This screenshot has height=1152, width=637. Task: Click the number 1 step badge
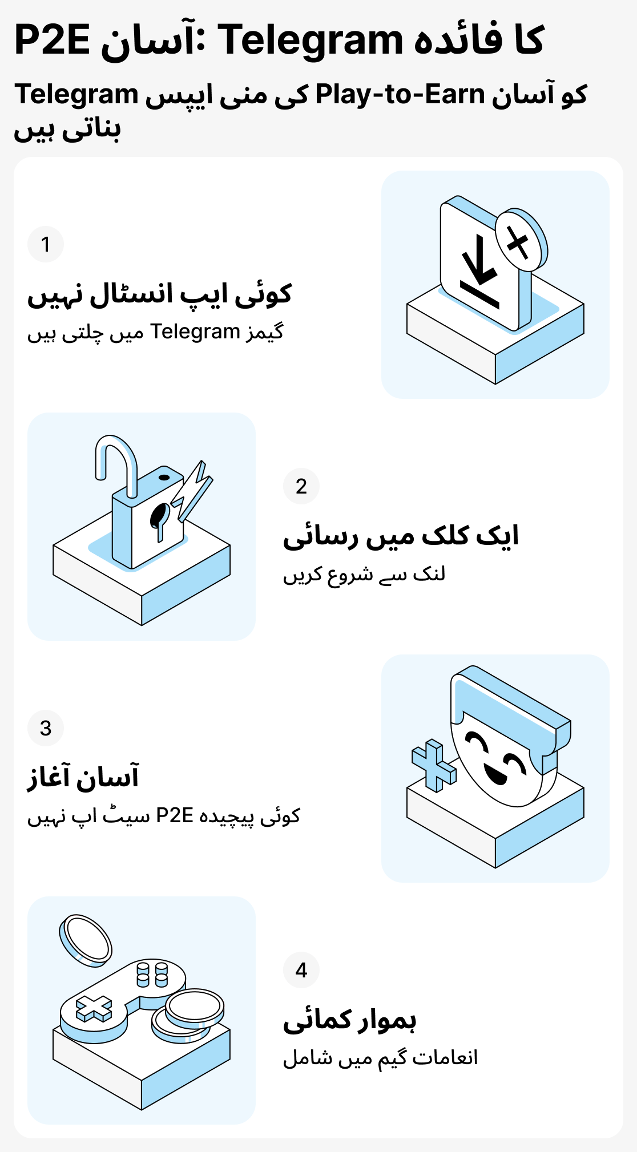[46, 244]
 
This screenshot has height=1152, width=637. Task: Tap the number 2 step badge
[301, 486]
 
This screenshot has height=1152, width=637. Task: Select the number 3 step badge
[46, 728]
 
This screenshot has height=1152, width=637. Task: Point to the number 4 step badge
[301, 970]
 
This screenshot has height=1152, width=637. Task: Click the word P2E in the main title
[52, 41]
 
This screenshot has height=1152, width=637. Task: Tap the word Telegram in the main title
[311, 41]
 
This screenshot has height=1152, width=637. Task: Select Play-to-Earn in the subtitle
[400, 95]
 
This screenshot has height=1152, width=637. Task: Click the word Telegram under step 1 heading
[195, 332]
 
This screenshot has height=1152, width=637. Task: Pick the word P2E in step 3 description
[175, 815]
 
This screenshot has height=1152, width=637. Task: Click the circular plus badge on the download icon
[519, 241]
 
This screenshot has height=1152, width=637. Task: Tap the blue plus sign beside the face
[434, 765]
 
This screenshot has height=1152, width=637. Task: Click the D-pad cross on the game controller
[94, 1008]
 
